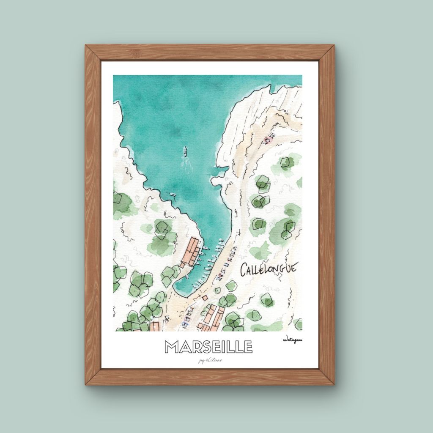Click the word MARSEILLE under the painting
coord(208,346)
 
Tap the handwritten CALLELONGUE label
coord(269,269)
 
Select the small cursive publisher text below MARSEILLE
coord(209,360)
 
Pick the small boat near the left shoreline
coord(173,195)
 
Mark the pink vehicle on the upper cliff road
coord(268,138)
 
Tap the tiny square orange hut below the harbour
coord(217,290)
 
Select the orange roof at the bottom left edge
coord(155,326)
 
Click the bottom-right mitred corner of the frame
coord(328,378)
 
